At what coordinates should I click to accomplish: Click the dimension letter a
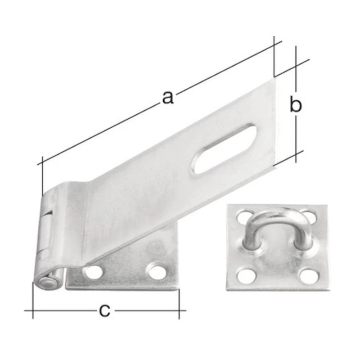coord(167,97)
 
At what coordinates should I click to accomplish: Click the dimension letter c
coord(105,310)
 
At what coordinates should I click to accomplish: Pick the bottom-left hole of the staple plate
coord(246,275)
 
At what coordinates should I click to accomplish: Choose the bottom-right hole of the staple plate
coord(309,275)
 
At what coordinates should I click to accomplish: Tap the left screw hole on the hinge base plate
coord(93,271)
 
